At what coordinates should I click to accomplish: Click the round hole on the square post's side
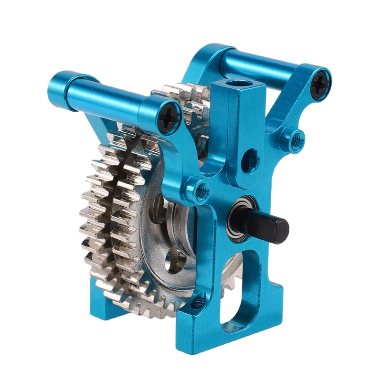[x=250, y=160]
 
